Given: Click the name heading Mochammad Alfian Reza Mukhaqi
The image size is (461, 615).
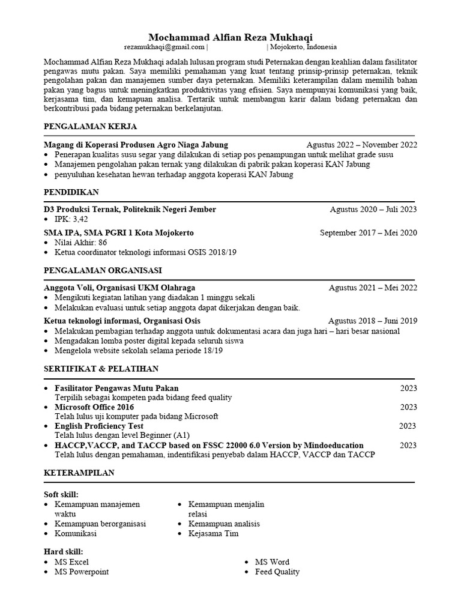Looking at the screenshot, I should coord(230,37).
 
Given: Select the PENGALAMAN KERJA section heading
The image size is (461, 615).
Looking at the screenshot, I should coord(90,127).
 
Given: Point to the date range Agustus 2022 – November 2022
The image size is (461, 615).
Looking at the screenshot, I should coord(361,145).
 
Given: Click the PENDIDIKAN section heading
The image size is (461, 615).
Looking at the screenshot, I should coord(71,192).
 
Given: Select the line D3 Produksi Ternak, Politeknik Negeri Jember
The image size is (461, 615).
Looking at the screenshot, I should coord(130,210).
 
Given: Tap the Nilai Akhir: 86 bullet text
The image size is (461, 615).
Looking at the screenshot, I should coord(80,243).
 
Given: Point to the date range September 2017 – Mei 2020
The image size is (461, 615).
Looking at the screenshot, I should coord(368,233).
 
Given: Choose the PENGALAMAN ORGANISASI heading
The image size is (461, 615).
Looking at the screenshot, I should coord(102,270).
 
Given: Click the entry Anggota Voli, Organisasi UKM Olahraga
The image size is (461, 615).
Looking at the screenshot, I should coord(119,288).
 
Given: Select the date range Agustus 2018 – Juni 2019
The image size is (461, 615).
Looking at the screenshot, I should coord(372,321).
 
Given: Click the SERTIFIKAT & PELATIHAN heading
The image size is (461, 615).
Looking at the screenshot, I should coord(101,368).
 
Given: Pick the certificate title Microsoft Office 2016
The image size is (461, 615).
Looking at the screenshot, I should coord(94,407).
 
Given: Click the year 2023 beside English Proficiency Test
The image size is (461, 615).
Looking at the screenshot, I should coord(408,426).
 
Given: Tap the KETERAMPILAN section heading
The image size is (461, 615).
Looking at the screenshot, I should coord(79,473).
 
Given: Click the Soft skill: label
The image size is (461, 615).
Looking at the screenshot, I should coord(61,494).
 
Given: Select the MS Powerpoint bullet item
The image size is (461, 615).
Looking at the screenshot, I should coord(82,572).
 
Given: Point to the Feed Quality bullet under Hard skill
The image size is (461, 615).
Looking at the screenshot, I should coord(277,572).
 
